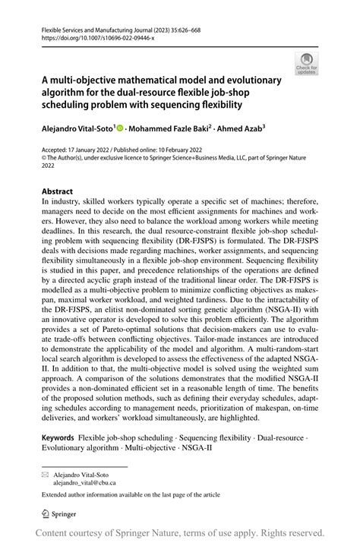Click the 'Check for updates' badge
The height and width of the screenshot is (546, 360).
tap(307, 64)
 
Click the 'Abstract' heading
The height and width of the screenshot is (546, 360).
tap(58, 191)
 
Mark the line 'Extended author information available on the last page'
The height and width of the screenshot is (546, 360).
tap(131, 494)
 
